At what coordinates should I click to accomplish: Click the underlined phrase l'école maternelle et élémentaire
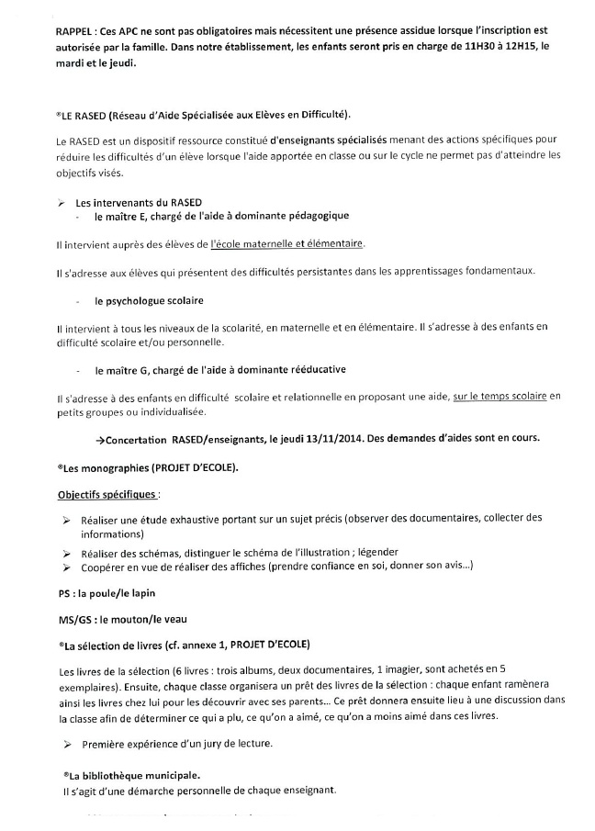pyautogui.click(x=287, y=243)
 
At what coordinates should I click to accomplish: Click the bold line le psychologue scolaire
pyautogui.click(x=148, y=301)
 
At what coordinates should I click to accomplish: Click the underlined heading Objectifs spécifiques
pyautogui.click(x=106, y=495)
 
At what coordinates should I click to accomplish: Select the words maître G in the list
pyautogui.click(x=128, y=370)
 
